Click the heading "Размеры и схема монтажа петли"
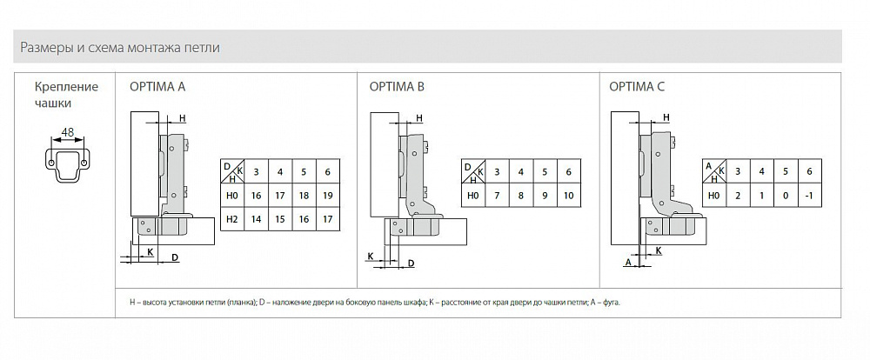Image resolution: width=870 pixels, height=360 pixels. pos(120,47)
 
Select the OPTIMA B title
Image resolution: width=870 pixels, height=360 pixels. pos(398,87)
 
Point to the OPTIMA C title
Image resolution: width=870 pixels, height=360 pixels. pos(637,87)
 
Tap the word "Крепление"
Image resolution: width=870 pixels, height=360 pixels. pos(66,87)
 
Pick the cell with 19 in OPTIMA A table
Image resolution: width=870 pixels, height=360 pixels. pos(327,197)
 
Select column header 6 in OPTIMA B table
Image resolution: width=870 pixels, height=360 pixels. pos(568,171)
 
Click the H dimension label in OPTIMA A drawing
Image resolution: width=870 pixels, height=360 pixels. pos(182,118)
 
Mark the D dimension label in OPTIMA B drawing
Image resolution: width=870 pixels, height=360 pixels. pos(410,263)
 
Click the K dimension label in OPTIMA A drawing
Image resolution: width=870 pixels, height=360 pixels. pos(150,251)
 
